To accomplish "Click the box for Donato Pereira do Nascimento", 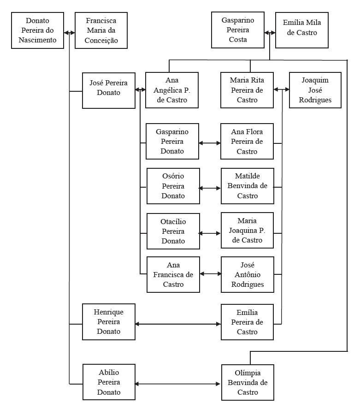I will (x=37, y=30).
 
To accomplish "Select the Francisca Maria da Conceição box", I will (x=101, y=30).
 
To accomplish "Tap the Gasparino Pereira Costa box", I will (x=238, y=30).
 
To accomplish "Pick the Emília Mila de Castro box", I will (x=302, y=30).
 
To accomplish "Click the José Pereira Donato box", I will (x=109, y=90).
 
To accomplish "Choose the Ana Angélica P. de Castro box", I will (x=172, y=90).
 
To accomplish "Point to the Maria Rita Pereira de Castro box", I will (x=247, y=90).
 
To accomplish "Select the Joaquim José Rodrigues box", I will (x=315, y=90).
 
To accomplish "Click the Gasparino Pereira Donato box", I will (x=172, y=142).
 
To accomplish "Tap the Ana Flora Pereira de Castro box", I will (x=247, y=142).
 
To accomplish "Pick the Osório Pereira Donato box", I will (x=173, y=186).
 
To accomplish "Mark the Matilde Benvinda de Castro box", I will (x=247, y=186).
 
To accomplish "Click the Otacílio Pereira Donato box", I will (x=173, y=231).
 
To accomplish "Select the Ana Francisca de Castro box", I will (x=173, y=275).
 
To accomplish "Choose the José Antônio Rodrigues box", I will (x=247, y=275).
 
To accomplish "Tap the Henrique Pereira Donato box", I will (x=109, y=322).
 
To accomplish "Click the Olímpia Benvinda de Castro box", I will (x=248, y=383).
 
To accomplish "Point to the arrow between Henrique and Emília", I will (x=178, y=324).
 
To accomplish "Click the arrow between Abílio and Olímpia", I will (x=178, y=384).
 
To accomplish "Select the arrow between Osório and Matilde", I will (x=210, y=188).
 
